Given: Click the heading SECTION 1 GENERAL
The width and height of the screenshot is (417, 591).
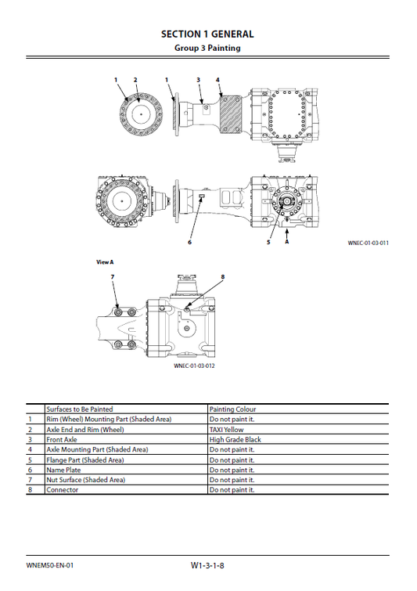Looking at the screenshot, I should pos(207,34).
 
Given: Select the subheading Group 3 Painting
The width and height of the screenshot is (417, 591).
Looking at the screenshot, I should pos(207,48).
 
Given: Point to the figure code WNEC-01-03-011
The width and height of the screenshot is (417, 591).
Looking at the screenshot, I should pos(368,243).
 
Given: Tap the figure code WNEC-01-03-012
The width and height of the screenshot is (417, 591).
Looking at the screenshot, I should pos(194,366).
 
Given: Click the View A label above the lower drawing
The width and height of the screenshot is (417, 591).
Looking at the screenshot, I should pos(105,261).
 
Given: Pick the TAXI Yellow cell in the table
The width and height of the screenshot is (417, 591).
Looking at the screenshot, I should pos(227,430).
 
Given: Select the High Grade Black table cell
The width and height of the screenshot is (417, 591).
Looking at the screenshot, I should pos(235,440).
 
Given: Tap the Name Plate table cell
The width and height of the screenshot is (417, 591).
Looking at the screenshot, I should pos(63,470).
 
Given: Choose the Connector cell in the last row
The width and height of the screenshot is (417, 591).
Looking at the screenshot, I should pos(62,490).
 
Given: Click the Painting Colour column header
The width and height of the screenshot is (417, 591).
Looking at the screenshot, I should pos(232,409).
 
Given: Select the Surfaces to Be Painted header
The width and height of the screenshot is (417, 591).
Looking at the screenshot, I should pos(80,409).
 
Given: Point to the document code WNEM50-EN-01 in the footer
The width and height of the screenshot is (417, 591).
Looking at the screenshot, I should pos(49,564).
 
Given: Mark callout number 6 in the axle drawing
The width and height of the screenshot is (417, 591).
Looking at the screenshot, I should pos(189,243).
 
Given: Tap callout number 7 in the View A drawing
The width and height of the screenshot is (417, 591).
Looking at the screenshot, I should pos(112,277).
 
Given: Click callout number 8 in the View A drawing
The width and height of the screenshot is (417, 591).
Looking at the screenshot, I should pos(222,277).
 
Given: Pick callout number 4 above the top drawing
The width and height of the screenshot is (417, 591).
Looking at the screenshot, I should pos(217,80).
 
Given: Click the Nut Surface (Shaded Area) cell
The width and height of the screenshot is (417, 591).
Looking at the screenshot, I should pos(85,480).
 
